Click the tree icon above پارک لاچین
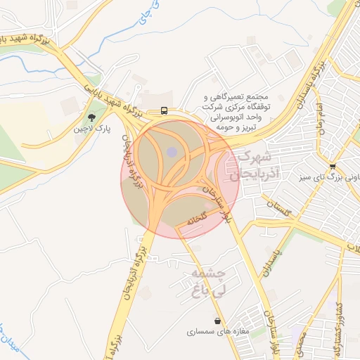[x=91, y=118]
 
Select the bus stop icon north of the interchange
[x=164, y=110]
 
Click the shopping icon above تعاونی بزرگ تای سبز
[x=333, y=167]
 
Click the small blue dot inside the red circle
[x=172, y=151]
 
